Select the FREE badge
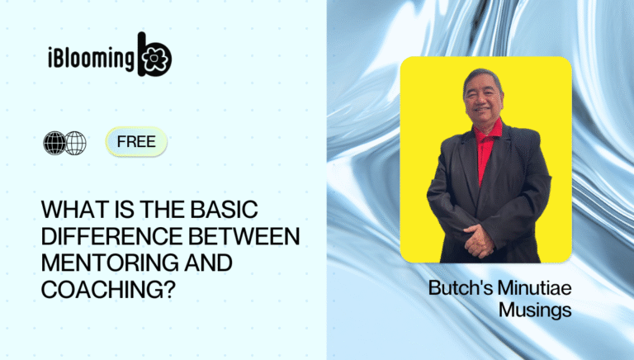click(x=136, y=141)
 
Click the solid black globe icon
click(x=54, y=143)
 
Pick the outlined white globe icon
click(x=75, y=143)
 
